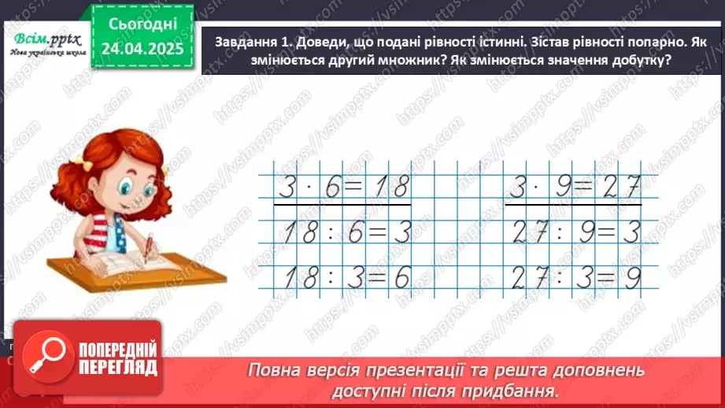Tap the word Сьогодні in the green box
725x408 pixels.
(142, 26)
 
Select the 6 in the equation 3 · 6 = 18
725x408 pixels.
(331, 189)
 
